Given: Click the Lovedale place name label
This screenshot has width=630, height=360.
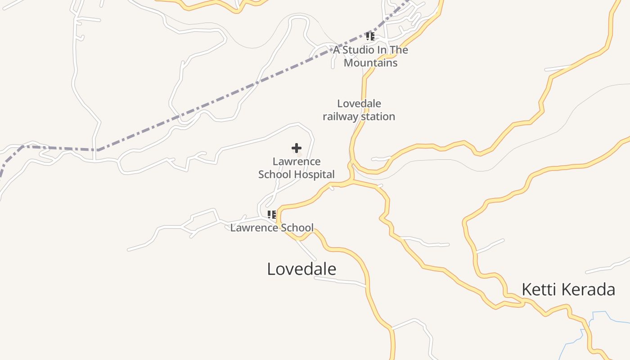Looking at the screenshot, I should [x=301, y=269].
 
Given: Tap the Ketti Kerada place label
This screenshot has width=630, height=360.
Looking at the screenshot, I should [x=568, y=289].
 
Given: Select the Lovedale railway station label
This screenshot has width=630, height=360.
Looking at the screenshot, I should [x=359, y=110].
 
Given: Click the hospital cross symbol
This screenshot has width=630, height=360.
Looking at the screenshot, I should [x=297, y=148].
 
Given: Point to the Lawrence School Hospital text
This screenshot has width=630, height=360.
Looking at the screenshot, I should [x=297, y=168].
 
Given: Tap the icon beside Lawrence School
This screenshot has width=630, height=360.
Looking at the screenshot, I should [x=271, y=215].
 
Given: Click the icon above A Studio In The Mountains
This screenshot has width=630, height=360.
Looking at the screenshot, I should [x=370, y=36].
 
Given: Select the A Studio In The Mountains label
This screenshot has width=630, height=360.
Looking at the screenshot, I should [x=370, y=56].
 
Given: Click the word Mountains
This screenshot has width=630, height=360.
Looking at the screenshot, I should [x=370, y=63].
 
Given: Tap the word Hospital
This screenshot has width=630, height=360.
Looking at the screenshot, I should [x=314, y=175].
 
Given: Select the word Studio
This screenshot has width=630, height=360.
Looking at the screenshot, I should [x=358, y=50].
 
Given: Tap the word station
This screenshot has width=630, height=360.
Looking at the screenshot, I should [x=378, y=117].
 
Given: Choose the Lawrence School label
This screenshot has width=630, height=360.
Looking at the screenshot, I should [x=272, y=228].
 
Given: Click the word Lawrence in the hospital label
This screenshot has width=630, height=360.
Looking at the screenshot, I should [x=297, y=162].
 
